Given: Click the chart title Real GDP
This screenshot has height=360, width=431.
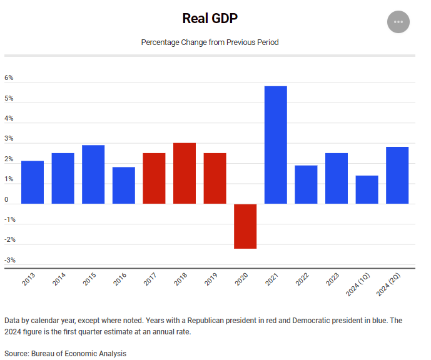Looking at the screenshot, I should point(210,18).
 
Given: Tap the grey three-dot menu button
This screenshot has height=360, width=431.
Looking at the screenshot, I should point(398,22).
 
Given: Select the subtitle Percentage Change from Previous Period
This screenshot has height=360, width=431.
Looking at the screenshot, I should point(210,42).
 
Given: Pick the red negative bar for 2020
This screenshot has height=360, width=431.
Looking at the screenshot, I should point(245,226).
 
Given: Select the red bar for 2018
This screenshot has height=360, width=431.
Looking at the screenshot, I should point(185,174).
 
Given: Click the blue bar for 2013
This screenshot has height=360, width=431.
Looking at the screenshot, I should point(33,182).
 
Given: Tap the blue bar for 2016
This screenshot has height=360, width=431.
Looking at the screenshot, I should point(124,186).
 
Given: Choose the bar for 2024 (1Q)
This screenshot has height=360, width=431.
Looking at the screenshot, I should point(367,190).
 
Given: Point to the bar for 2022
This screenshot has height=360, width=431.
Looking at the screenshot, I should point(306,185).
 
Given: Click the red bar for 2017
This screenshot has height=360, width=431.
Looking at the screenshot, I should point(154,179).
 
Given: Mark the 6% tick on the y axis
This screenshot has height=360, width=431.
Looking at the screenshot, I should point(9,78).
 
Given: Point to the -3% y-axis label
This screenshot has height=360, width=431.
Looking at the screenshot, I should point(10,260).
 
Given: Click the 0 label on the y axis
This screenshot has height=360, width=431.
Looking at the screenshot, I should point(7,200).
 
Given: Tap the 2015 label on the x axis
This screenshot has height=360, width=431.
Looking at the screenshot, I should point(89,279).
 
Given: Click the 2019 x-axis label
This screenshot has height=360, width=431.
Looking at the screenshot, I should point(211,279).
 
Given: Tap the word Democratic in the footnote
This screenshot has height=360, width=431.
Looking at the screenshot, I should point(295,320).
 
